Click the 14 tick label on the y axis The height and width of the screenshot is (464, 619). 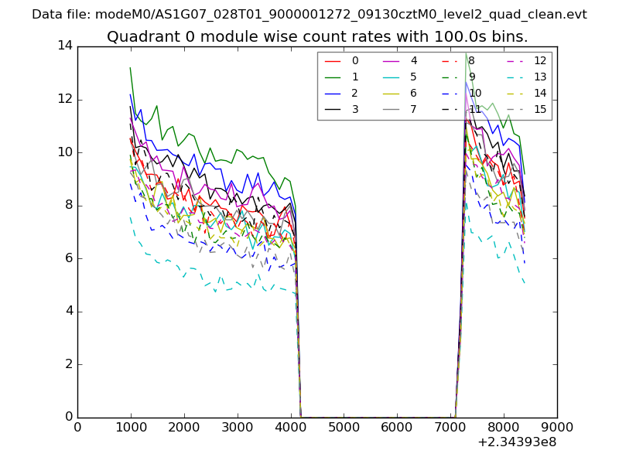tap(64, 46)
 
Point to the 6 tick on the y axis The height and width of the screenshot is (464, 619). tap(67, 258)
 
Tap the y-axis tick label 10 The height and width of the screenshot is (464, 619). tap(64, 152)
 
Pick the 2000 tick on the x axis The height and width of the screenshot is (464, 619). tap(184, 426)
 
